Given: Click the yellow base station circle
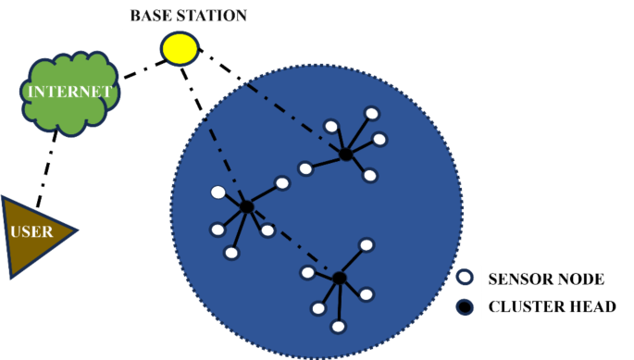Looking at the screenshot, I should (x=180, y=47).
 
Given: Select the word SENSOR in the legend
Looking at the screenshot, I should (x=516, y=278).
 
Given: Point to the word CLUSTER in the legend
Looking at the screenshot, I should (x=523, y=306).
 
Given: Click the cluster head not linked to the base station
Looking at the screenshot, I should (x=340, y=278).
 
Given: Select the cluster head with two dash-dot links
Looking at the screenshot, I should (x=247, y=206).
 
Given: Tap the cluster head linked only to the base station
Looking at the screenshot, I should (x=345, y=155).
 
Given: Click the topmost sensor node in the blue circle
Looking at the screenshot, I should (x=371, y=114).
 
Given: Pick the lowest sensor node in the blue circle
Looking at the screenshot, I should (x=339, y=326).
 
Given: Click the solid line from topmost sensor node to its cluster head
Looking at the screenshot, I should (x=358, y=134).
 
